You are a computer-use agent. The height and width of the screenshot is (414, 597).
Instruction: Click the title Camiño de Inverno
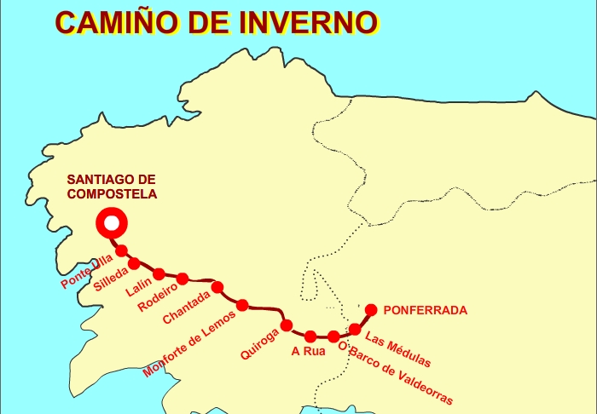[216, 21]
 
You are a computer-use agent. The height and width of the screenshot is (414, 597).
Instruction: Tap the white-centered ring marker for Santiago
[111, 224]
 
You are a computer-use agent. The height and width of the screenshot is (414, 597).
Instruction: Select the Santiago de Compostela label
[112, 187]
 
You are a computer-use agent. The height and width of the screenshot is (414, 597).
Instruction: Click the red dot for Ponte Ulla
[122, 250]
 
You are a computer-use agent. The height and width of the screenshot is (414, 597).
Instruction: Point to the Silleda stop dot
[134, 262]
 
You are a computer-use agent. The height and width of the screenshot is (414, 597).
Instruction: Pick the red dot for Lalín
[159, 273]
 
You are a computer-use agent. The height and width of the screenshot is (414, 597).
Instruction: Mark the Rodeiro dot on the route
[183, 278]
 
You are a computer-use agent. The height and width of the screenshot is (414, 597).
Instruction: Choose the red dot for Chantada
[217, 287]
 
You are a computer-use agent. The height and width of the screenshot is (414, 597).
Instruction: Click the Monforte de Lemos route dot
[242, 305]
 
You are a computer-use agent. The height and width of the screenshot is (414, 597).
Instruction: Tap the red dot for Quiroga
[287, 325]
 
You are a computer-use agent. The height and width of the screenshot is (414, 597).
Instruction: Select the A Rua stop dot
[310, 336]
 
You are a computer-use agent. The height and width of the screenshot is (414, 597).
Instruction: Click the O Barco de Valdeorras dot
[333, 336]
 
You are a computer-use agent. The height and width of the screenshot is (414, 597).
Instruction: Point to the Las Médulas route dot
[356, 329]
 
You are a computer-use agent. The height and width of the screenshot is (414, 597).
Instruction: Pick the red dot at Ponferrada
[371, 309]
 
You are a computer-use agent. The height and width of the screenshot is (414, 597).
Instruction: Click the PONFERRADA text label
[426, 311]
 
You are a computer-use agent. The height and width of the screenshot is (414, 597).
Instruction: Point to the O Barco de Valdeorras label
[395, 373]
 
